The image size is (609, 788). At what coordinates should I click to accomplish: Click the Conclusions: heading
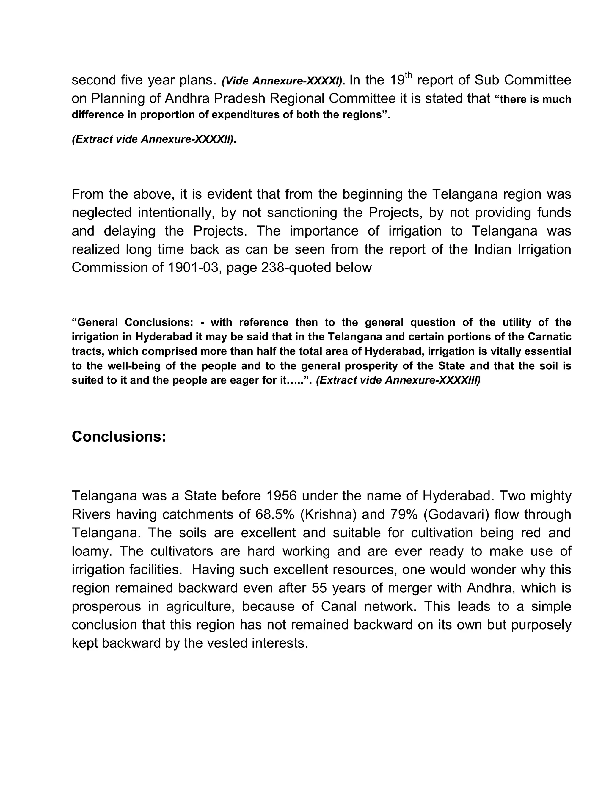point(119,437)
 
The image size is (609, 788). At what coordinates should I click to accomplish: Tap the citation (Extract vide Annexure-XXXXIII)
point(398,380)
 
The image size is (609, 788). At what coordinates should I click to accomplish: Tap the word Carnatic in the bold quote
point(550,337)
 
